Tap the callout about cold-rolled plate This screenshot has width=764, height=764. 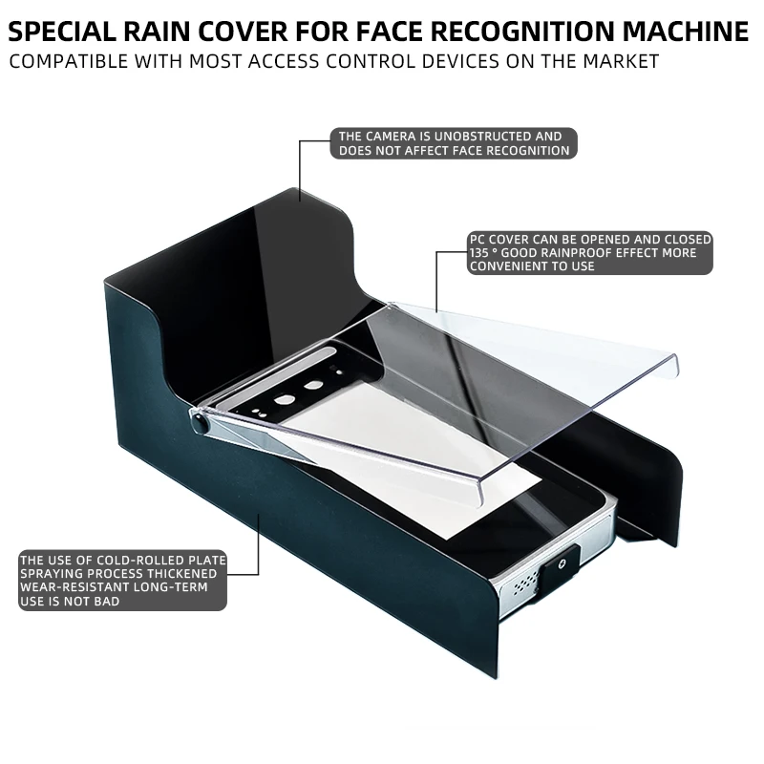123,581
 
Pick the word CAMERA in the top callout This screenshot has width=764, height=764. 389,137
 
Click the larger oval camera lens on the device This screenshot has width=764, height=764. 312,388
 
